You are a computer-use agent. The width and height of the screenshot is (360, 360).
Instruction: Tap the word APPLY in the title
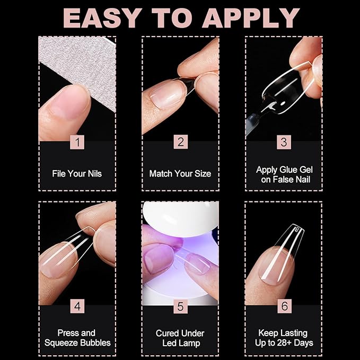pyautogui.click(x=251, y=18)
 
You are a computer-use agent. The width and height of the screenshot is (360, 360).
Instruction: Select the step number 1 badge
pyautogui.click(x=77, y=142)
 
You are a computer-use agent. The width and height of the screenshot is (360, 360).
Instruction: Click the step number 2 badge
pyautogui.click(x=180, y=142)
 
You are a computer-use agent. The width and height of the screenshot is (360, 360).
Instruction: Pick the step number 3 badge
pyautogui.click(x=284, y=142)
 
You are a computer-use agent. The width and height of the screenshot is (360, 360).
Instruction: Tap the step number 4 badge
pyautogui.click(x=77, y=306)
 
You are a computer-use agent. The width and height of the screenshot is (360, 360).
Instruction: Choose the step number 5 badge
pyautogui.click(x=180, y=306)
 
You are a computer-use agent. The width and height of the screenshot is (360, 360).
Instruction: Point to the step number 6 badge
pyautogui.click(x=284, y=306)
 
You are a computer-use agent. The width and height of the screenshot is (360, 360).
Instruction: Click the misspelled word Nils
pyautogui.click(x=94, y=173)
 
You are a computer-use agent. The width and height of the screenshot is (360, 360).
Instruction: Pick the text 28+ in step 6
pyautogui.click(x=284, y=343)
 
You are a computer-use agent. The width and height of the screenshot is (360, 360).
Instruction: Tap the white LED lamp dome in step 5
pyautogui.click(x=180, y=218)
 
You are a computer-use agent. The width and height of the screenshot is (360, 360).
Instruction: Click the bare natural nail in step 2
pyautogui.click(x=166, y=95)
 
